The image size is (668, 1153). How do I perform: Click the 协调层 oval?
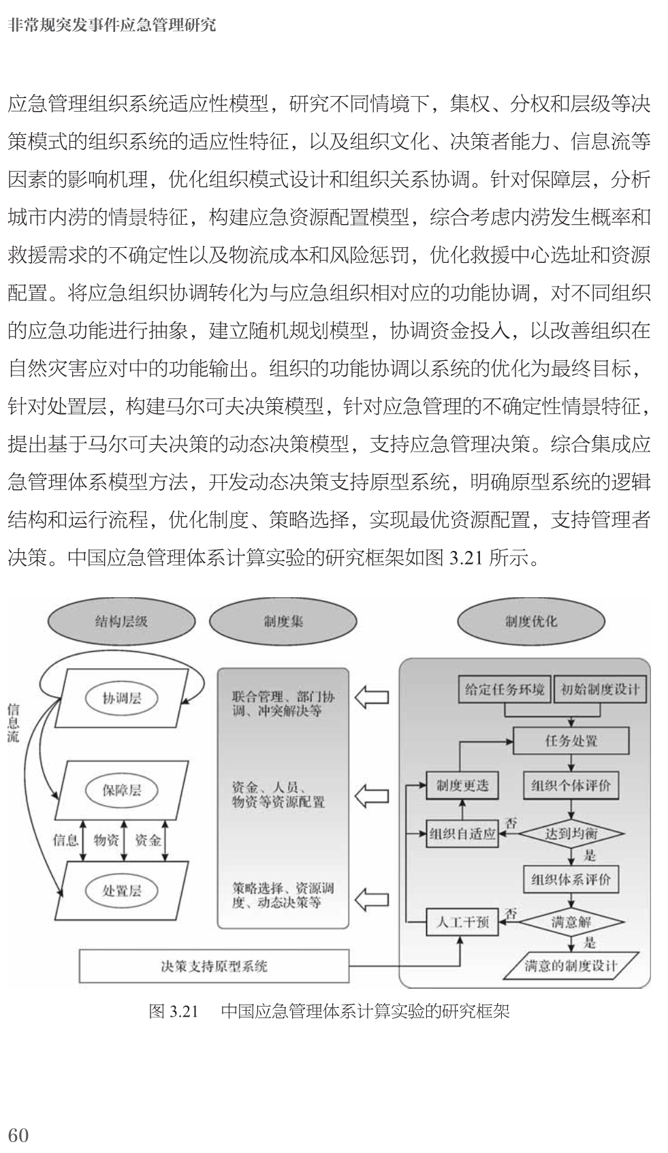click(122, 699)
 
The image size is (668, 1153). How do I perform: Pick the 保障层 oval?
click(122, 791)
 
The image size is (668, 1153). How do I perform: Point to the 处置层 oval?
click(122, 891)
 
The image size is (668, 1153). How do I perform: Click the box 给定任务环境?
click(505, 689)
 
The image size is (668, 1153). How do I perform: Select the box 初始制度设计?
click(600, 689)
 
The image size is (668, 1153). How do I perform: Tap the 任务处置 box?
click(571, 740)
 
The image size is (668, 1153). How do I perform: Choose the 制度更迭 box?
click(462, 786)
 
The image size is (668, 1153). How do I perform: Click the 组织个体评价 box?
click(571, 786)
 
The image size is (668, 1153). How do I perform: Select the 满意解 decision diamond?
click(571, 923)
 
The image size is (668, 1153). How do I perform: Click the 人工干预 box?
click(462, 923)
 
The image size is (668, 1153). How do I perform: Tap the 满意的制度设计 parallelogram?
click(571, 966)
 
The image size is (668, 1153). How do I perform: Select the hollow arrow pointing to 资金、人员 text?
click(372, 795)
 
